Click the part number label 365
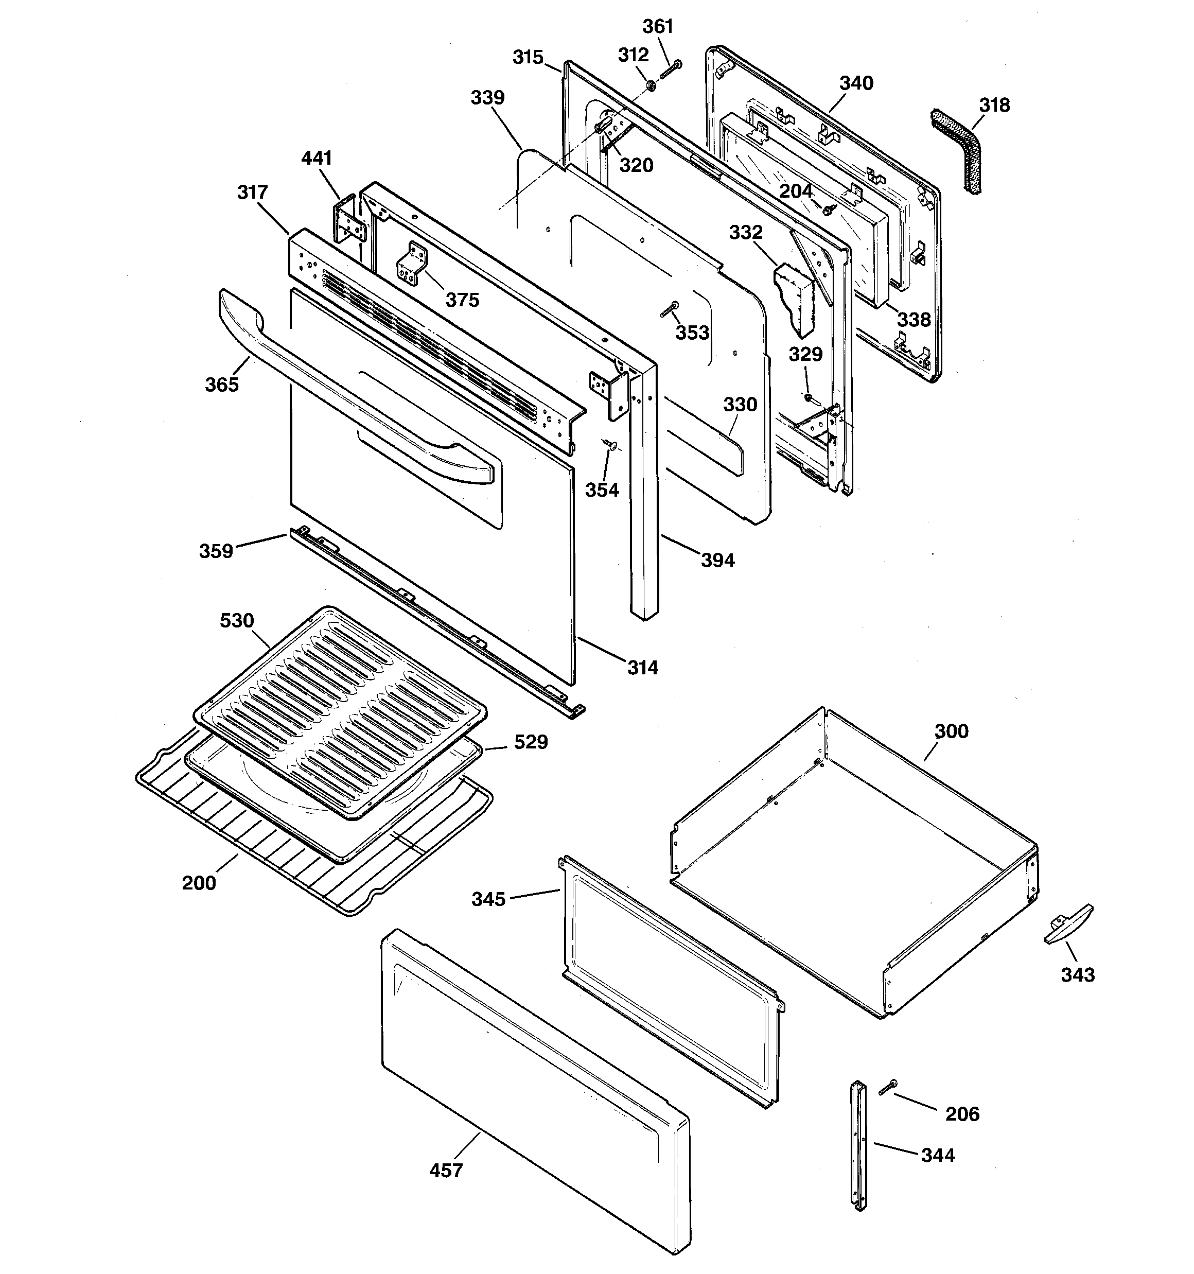pyautogui.click(x=222, y=385)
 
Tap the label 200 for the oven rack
pyautogui.click(x=199, y=883)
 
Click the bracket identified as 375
pyautogui.click(x=411, y=264)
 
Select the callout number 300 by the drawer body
pyautogui.click(x=951, y=731)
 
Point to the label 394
pyautogui.click(x=717, y=561)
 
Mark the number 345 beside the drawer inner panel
pyautogui.click(x=488, y=899)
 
